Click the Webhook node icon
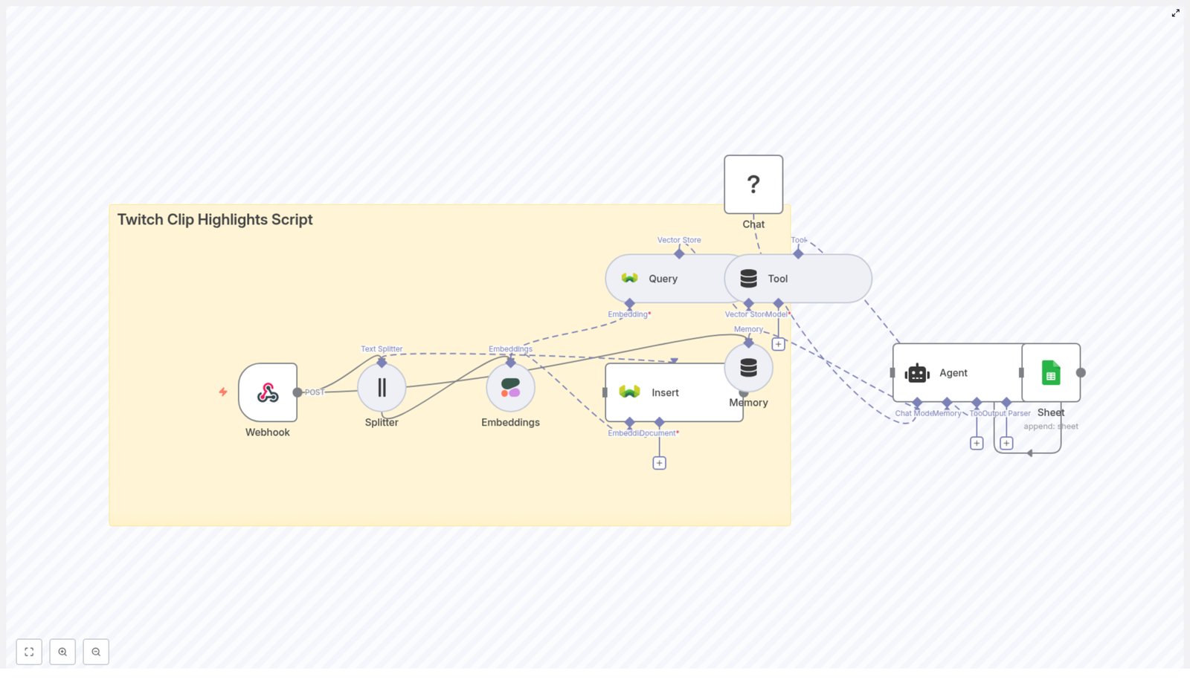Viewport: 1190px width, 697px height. point(268,392)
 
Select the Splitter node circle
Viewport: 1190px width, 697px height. point(382,387)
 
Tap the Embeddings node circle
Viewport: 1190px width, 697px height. point(510,387)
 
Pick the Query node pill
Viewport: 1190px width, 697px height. point(662,279)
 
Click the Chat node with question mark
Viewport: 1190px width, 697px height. point(753,184)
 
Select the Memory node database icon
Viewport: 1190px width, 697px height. point(748,367)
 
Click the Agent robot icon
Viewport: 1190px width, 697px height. point(917,373)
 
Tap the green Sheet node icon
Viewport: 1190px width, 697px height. point(1051,373)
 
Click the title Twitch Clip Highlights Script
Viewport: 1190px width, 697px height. point(215,220)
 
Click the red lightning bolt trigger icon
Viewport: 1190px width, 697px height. point(223,392)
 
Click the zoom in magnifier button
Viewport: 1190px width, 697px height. point(62,652)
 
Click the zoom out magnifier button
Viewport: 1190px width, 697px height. point(96,652)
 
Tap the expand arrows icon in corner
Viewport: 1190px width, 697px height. point(1176,13)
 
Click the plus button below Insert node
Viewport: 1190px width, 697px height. point(659,463)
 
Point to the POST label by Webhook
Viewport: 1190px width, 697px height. point(315,392)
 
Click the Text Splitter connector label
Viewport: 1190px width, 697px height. point(382,348)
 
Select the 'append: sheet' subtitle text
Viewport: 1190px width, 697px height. point(1051,427)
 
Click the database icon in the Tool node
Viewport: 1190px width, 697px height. point(748,279)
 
